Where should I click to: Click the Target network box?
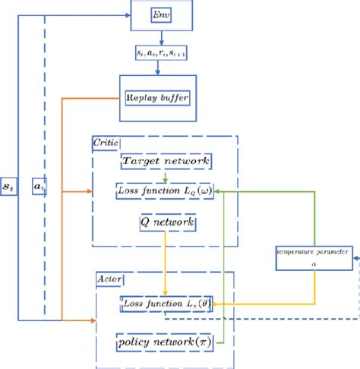click(x=166, y=162)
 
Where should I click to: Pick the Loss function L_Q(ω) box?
click(x=166, y=193)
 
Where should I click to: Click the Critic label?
click(x=103, y=142)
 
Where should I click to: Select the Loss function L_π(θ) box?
click(x=166, y=304)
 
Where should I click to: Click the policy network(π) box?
click(x=165, y=342)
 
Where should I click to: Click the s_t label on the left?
click(x=9, y=185)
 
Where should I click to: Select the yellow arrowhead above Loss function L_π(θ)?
click(x=166, y=293)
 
